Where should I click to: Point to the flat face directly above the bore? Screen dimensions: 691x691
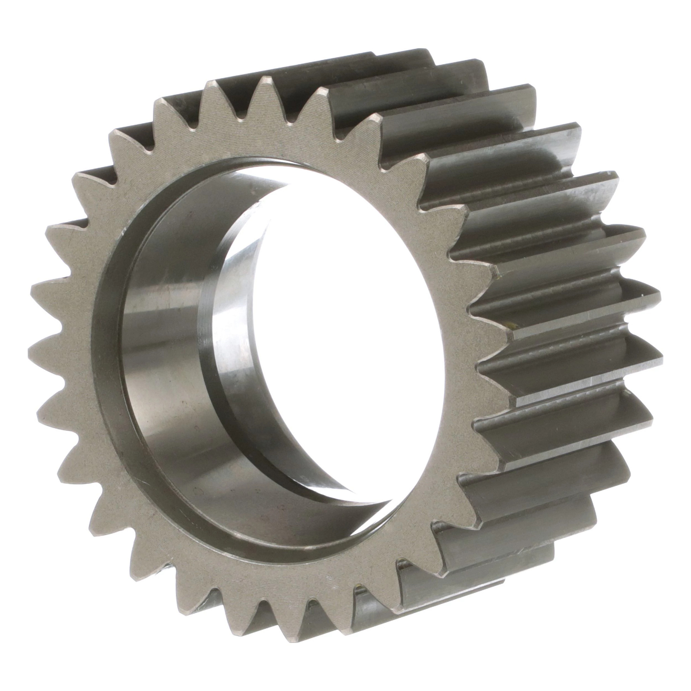(265, 143)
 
